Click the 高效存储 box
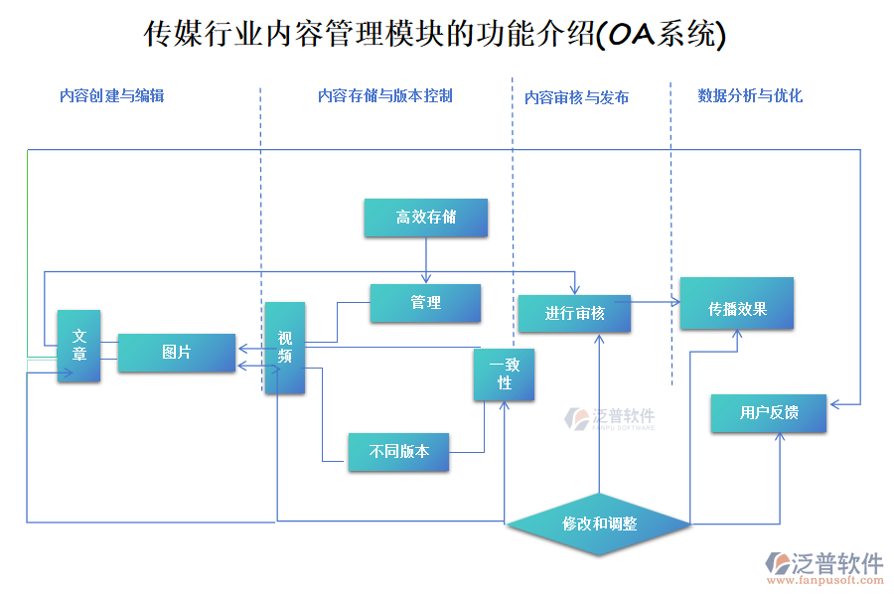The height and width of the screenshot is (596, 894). point(425,218)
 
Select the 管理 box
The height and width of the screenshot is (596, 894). point(425,303)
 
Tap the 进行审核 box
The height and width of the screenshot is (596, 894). point(574,313)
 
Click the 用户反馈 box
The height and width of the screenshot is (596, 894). point(768,412)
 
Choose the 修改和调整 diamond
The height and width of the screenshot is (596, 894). point(599,523)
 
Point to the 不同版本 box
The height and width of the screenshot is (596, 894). point(398,451)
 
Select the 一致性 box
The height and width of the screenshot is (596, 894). point(504,373)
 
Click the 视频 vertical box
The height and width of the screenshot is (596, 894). point(284,348)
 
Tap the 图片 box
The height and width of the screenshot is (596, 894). point(177,353)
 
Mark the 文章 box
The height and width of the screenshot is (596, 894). point(78,346)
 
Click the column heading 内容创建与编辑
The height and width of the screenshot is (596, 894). point(111,96)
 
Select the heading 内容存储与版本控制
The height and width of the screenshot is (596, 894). point(384,96)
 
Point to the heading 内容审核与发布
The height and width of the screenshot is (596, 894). point(576,97)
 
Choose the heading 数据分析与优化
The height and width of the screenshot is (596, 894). point(750,96)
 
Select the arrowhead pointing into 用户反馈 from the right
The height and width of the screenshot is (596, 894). point(835,404)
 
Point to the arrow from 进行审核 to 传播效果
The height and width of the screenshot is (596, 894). point(656,302)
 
